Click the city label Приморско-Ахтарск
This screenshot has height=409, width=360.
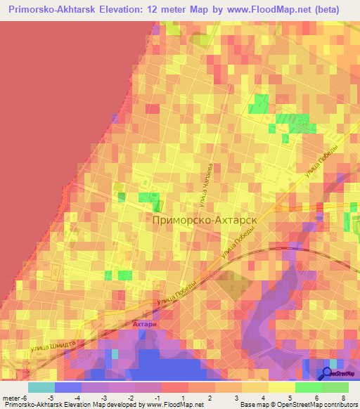(203, 220)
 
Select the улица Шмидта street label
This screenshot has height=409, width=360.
(53, 345)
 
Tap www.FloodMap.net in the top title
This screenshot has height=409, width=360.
(292, 10)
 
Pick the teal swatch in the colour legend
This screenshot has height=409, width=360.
(41, 387)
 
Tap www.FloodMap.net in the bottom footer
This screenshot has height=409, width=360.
(174, 405)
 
